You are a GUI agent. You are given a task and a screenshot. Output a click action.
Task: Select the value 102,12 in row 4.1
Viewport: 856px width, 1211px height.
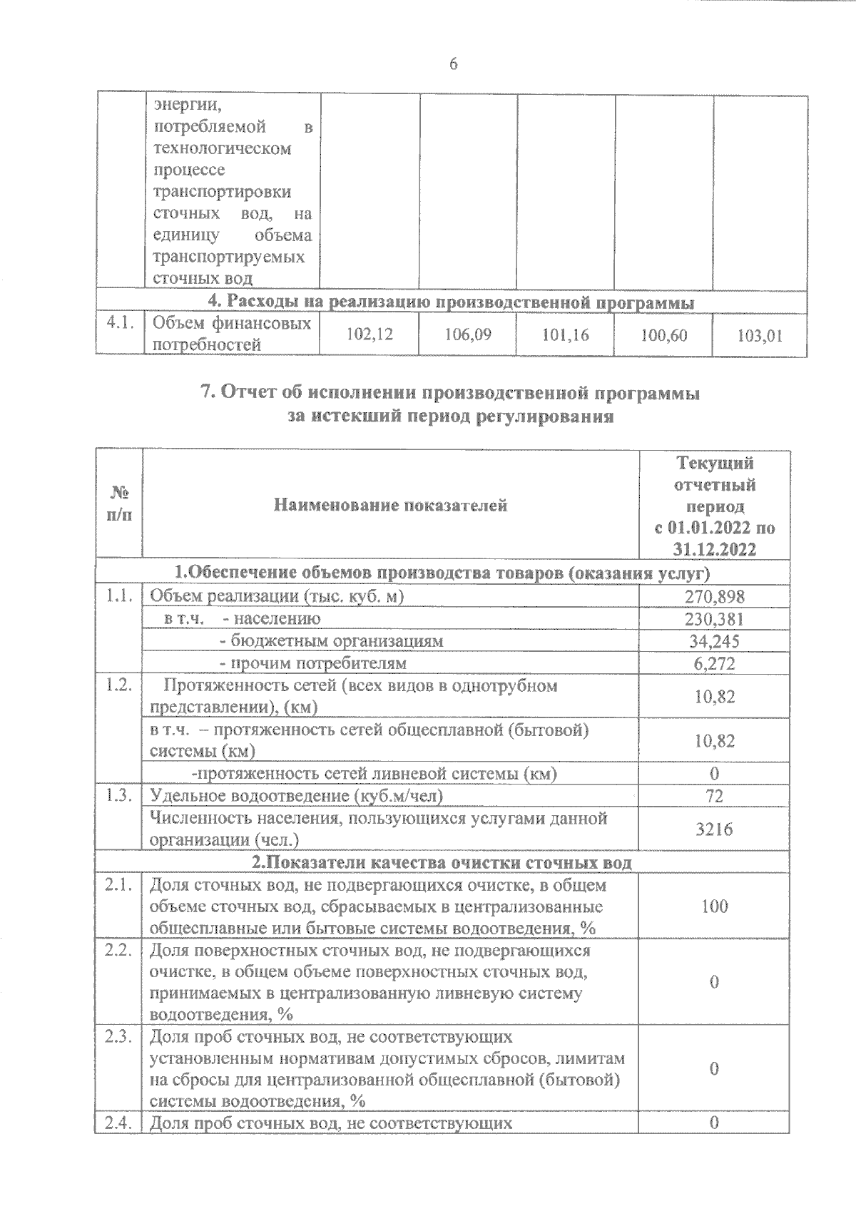pyautogui.click(x=369, y=334)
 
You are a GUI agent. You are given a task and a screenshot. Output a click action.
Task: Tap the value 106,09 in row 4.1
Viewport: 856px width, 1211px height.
pyautogui.click(x=467, y=334)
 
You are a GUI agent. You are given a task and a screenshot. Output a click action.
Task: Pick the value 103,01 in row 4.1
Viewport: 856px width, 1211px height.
pyautogui.click(x=760, y=334)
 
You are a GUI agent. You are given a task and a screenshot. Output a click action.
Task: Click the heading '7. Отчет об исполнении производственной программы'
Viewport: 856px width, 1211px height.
pyautogui.click(x=451, y=393)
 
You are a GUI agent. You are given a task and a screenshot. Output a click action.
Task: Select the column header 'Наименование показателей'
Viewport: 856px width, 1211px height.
pyautogui.click(x=390, y=506)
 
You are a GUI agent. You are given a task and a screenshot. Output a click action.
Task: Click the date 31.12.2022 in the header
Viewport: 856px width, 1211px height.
pyautogui.click(x=715, y=549)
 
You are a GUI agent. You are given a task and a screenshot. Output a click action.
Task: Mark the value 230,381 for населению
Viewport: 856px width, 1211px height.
pyautogui.click(x=715, y=618)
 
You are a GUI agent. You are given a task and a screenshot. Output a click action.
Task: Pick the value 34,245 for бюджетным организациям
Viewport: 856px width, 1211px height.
pyautogui.click(x=715, y=640)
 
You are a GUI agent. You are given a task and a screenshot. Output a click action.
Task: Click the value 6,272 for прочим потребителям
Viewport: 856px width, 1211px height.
pyautogui.click(x=715, y=663)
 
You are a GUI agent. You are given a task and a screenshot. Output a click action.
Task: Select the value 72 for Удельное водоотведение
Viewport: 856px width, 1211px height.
pyautogui.click(x=714, y=796)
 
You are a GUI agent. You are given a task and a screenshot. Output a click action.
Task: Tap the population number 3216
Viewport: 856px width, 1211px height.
pyautogui.click(x=714, y=829)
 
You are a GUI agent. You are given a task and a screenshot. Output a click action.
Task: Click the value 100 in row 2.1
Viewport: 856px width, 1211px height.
pyautogui.click(x=714, y=906)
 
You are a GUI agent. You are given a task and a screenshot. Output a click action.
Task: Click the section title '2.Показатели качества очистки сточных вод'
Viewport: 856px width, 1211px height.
pyautogui.click(x=442, y=862)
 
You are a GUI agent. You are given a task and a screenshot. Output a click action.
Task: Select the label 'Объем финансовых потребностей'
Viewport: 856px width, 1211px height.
pyautogui.click(x=231, y=334)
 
